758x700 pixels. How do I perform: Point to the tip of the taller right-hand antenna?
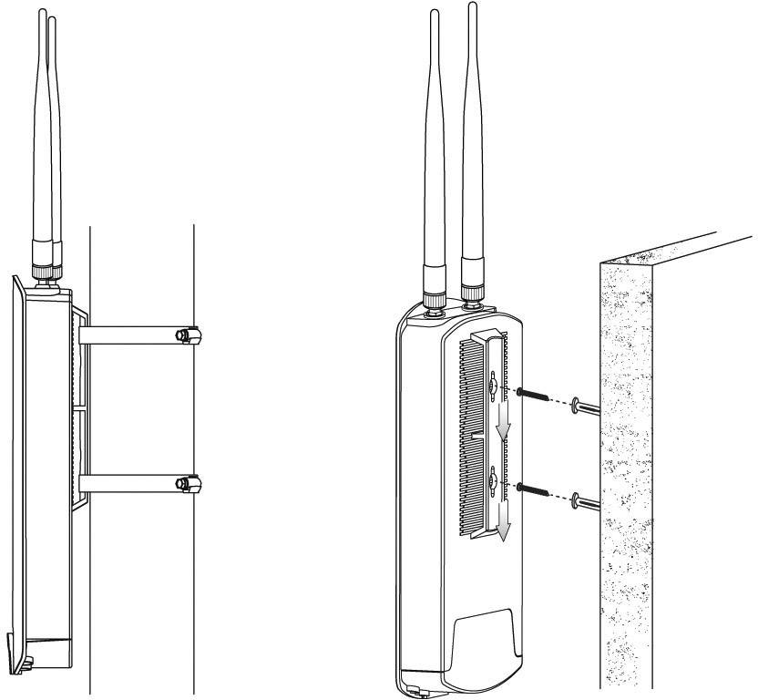pyautogui.click(x=472, y=7)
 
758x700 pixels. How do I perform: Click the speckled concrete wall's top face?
pyautogui.click(x=674, y=248)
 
